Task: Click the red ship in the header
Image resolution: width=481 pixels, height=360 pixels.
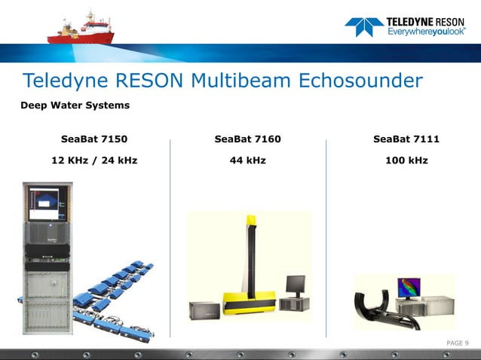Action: point(82,29)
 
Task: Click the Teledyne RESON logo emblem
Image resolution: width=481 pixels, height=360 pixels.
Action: point(363,27)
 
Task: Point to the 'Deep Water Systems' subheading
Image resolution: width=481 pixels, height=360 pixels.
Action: point(75,105)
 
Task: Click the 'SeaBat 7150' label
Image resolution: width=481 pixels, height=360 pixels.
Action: point(94,139)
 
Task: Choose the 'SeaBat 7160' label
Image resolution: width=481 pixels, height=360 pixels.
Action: point(247,139)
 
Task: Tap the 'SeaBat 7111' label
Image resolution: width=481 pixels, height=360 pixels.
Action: point(406,139)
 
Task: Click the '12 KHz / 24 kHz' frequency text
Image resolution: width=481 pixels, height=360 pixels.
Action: point(94,160)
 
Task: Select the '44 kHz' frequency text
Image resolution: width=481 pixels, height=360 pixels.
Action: point(247,160)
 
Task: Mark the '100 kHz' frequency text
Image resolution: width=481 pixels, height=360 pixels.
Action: point(406,160)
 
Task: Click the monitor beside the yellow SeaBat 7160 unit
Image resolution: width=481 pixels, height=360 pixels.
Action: point(295,285)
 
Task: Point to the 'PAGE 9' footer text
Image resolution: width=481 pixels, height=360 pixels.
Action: point(458,343)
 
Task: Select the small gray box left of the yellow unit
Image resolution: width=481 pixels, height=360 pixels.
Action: point(204,310)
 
